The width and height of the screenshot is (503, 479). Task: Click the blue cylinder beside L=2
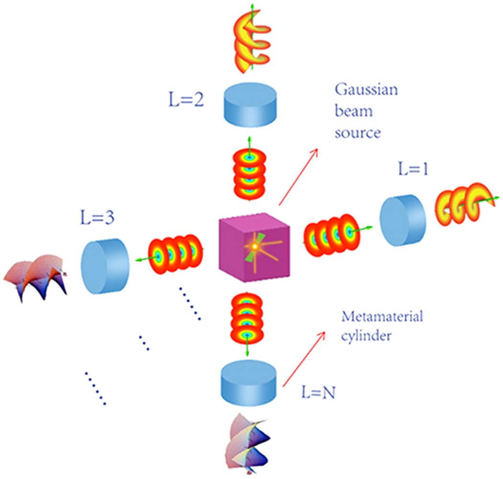[250, 103]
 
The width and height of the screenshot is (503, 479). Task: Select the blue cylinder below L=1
[402, 216]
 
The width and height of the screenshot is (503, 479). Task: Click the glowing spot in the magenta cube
[255, 246]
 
